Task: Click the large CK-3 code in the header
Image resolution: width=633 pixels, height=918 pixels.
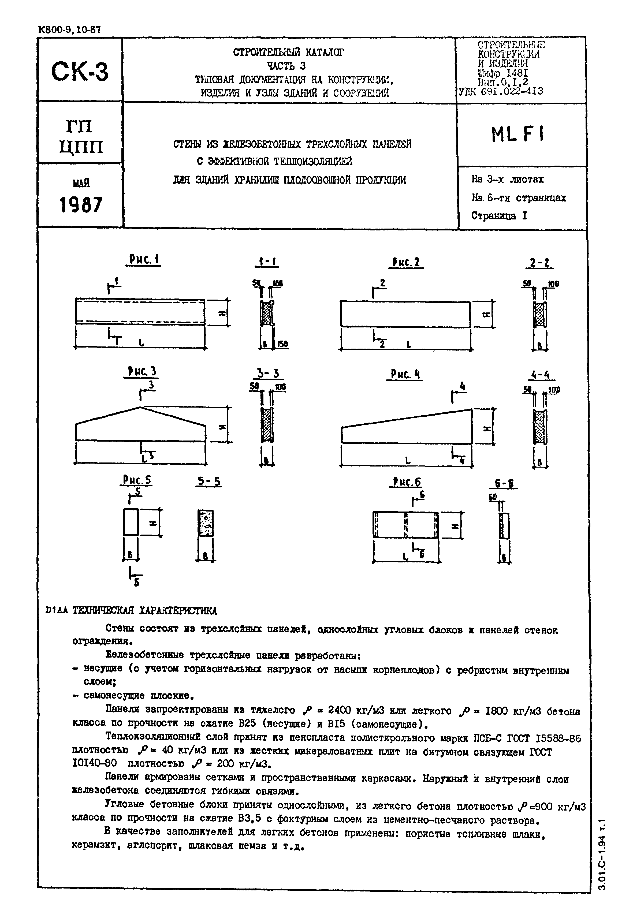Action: click(79, 71)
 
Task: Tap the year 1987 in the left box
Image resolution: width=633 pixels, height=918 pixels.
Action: click(81, 205)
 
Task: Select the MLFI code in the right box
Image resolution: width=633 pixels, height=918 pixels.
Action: click(517, 135)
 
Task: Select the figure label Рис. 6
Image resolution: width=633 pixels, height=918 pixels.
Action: click(407, 482)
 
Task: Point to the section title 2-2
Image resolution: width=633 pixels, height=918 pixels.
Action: click(540, 263)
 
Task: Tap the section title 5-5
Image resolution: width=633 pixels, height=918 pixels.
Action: click(209, 482)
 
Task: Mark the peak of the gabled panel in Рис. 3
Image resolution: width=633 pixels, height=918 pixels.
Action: click(140, 407)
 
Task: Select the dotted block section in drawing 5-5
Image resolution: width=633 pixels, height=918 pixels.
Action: click(206, 523)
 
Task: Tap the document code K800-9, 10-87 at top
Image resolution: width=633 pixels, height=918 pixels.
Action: click(69, 30)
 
